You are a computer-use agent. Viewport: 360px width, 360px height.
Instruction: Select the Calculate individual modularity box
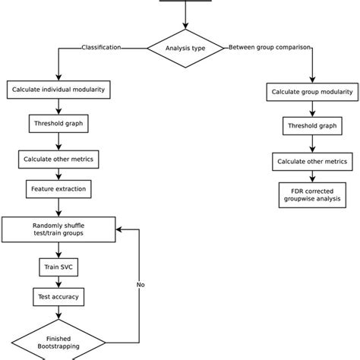tap(58, 90)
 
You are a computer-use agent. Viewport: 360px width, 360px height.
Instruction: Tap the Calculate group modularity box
tap(311, 92)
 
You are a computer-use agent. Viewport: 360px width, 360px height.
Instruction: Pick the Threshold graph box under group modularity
tap(311, 126)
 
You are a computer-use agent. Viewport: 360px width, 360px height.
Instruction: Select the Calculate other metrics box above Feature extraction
tap(58, 159)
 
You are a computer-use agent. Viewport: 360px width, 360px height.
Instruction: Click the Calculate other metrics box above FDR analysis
tap(311, 161)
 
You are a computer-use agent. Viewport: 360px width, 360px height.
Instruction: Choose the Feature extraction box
tap(58, 188)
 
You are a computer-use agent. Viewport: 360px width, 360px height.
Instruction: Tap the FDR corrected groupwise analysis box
tap(311, 194)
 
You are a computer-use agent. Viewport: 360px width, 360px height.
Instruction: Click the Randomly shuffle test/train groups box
tap(58, 229)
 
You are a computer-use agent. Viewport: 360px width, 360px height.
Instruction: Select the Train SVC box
tap(58, 267)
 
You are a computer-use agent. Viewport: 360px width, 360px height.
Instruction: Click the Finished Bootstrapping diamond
tap(58, 340)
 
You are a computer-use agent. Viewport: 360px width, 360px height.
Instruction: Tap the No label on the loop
tap(141, 285)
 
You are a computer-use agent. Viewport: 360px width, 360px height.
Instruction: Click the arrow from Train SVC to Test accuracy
tap(58, 282)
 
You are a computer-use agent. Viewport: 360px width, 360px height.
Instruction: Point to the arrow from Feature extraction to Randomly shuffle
tap(58, 206)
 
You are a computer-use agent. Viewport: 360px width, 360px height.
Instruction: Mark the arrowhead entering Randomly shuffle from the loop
tap(121, 228)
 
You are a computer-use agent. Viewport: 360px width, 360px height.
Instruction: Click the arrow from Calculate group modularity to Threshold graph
tap(311, 109)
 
